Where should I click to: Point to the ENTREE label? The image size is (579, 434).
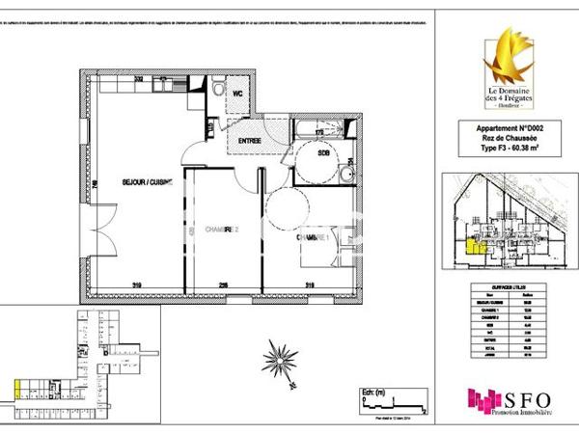click(x=243, y=143)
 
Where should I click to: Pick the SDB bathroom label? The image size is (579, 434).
click(x=325, y=152)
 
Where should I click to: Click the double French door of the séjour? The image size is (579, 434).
click(x=93, y=233)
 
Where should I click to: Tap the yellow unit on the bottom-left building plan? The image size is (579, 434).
click(x=17, y=391)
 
